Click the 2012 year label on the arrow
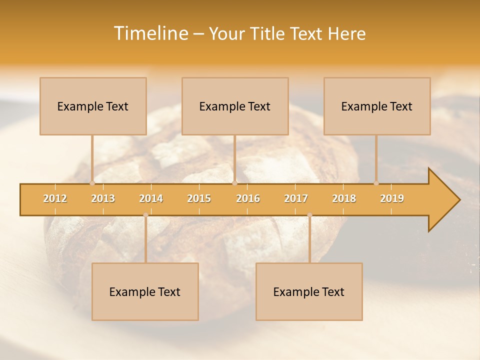55,198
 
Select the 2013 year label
103,198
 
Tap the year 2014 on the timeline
151,198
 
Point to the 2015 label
199,198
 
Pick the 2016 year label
248,198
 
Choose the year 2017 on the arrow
296,198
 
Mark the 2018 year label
344,198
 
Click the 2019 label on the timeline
392,198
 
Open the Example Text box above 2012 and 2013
93,106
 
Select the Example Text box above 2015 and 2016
235,106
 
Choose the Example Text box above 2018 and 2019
377,106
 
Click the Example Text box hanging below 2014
145,291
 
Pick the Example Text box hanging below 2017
309,291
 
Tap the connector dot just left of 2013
92,183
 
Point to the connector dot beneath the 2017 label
309,215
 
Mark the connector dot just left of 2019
376,183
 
